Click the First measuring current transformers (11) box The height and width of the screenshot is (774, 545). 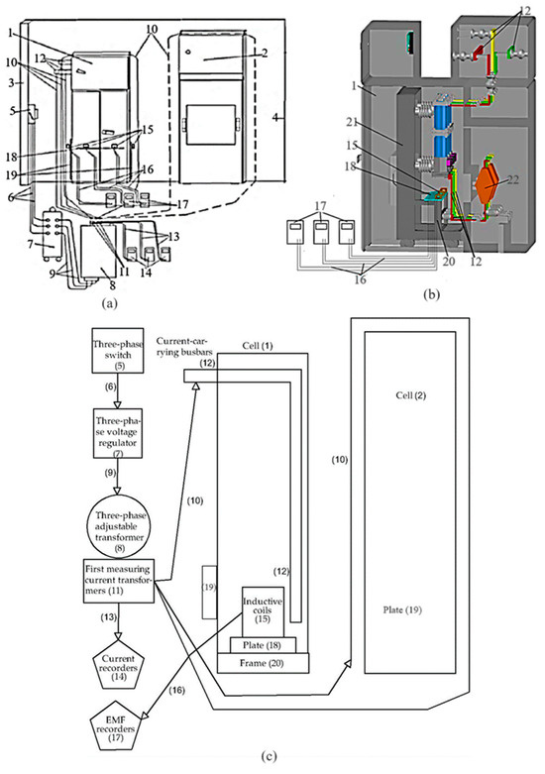119,579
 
